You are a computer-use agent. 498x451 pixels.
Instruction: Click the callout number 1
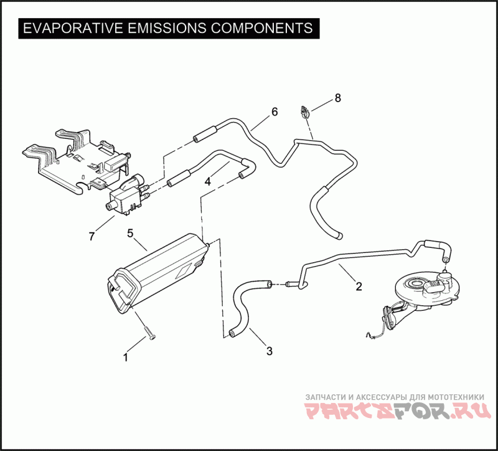(126, 358)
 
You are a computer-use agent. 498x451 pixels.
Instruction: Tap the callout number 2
(359, 287)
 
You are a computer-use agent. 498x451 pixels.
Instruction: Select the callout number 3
(269, 351)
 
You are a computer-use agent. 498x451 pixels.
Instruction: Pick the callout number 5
(131, 233)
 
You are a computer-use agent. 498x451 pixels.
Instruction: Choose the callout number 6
(274, 112)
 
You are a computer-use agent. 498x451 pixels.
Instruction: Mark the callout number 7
(92, 236)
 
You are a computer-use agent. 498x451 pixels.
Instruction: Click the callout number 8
(338, 98)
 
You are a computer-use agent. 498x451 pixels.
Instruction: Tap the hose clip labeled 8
(305, 112)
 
